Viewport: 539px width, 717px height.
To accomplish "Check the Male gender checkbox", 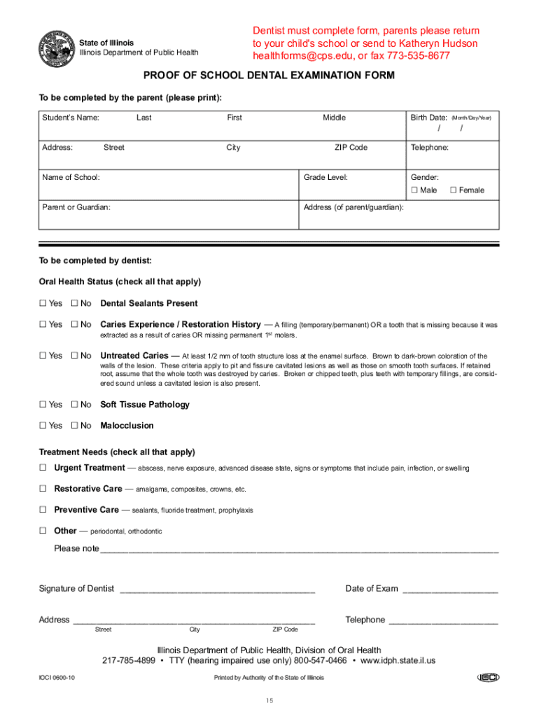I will tap(414, 190).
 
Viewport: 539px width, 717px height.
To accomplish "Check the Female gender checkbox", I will tap(453, 190).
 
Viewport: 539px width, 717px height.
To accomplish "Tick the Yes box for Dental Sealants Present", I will tap(42, 303).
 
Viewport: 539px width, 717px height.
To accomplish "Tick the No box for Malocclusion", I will tap(74, 426).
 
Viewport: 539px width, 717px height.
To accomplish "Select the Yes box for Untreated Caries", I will tap(42, 356).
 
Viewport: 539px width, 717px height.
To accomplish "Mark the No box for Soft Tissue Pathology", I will tap(74, 405).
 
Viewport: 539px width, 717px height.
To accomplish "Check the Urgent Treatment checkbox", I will tap(42, 468).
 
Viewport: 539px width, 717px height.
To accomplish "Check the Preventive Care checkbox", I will tap(42, 510).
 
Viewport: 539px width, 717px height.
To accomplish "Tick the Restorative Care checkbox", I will tap(42, 489).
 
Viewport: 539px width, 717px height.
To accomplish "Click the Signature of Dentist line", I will tap(217, 590).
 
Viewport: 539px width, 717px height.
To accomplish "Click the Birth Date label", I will tap(428, 118).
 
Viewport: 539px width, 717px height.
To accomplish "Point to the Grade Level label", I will tap(325, 177).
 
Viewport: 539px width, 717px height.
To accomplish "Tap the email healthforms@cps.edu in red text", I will tap(304, 56).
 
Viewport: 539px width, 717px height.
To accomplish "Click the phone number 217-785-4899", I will tap(129, 660).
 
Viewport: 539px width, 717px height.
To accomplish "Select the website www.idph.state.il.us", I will tap(398, 660).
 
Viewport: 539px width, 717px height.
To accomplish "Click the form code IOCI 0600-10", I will tap(57, 678).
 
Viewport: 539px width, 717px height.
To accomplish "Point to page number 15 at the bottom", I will tap(269, 702).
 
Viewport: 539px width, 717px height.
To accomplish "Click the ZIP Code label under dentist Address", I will tap(285, 629).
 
